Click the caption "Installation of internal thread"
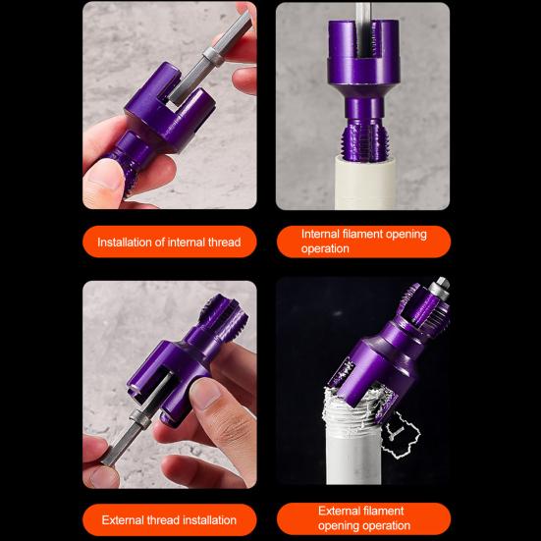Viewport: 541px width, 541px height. pos(170,242)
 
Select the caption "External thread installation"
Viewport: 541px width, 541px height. pos(170,519)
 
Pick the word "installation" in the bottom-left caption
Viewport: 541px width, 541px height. pos(207,519)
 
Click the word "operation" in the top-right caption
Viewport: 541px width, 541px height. pos(325,248)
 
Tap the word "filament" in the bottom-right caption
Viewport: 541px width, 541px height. pos(386,511)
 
